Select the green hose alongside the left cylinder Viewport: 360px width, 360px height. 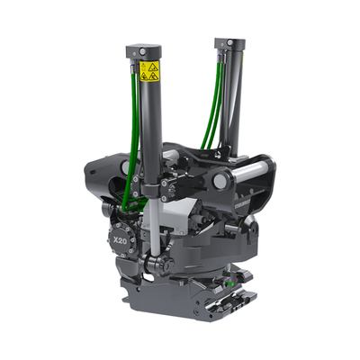pyautogui.click(x=136, y=135)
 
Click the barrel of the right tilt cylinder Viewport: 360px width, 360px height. pyautogui.click(x=232, y=99)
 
